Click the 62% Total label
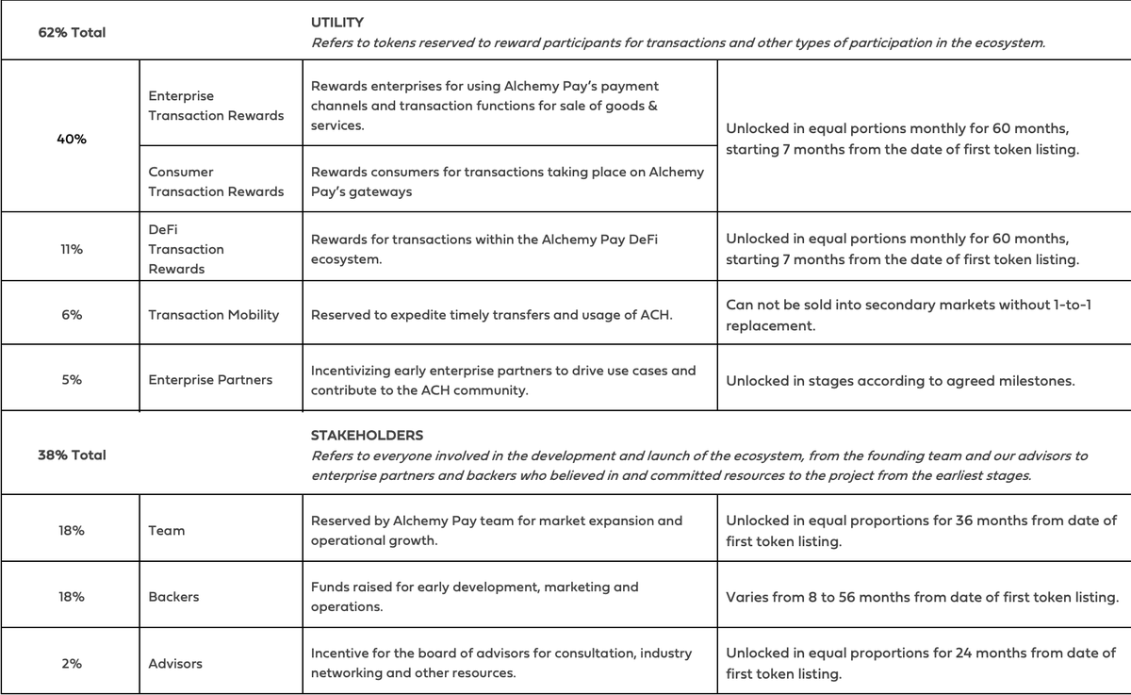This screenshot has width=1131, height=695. [x=72, y=32]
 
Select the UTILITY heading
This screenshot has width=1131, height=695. [x=337, y=21]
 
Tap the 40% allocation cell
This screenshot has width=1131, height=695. [x=72, y=139]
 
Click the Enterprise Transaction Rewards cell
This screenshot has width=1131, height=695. [x=216, y=106]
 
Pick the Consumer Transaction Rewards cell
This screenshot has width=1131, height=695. [x=216, y=182]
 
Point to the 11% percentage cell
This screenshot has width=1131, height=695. [x=72, y=249]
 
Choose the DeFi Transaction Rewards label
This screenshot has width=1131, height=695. [x=187, y=249]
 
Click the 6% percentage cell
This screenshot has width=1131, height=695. [x=72, y=315]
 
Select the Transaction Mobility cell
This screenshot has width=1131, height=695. [x=214, y=315]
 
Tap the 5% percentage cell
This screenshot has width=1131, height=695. [x=72, y=380]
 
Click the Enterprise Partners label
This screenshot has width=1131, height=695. [x=210, y=380]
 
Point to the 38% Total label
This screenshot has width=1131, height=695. [x=72, y=455]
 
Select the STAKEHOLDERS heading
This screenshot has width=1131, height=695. [x=367, y=435]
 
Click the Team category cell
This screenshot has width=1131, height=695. [x=167, y=531]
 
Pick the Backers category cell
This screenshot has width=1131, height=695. [x=173, y=597]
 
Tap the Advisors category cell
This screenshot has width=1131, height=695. [x=175, y=664]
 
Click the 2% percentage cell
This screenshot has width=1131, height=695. [x=72, y=664]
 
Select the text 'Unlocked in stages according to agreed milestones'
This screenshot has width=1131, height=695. [x=900, y=381]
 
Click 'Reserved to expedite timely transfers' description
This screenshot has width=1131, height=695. [x=491, y=315]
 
